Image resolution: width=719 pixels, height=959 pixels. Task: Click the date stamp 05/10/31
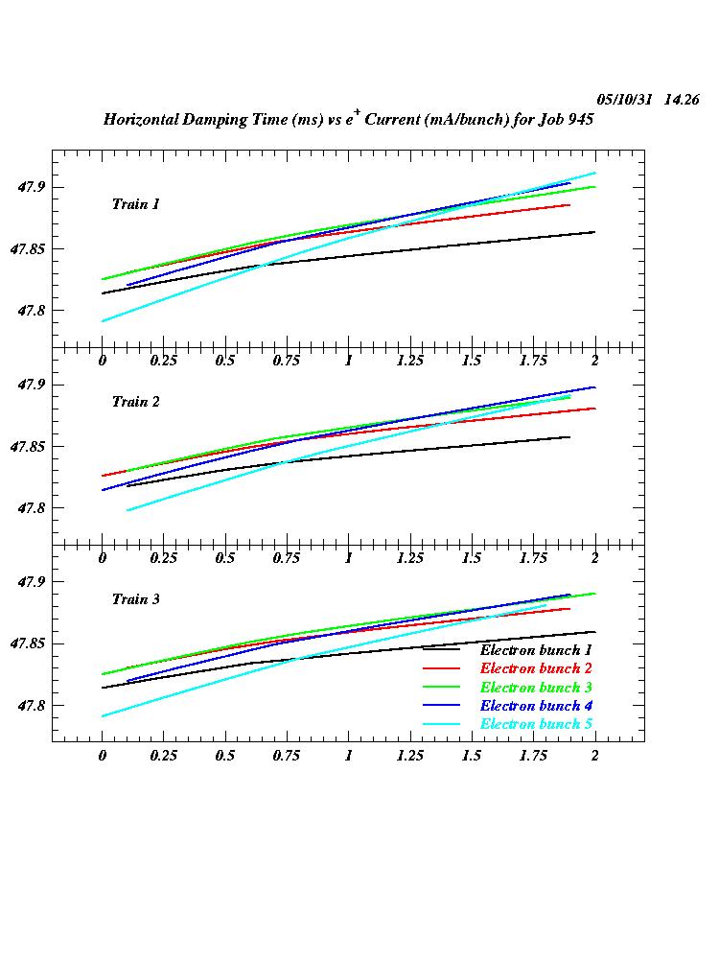625,100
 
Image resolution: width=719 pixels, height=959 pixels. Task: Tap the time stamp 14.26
682,100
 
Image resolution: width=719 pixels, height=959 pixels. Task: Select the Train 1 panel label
135,204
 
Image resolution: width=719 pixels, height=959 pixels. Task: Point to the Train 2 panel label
135,402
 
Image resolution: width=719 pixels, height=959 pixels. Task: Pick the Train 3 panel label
135,599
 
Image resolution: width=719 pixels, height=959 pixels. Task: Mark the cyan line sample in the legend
442,724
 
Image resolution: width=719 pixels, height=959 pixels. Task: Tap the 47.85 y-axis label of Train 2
29,447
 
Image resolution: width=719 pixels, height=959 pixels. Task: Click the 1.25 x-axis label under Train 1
409,361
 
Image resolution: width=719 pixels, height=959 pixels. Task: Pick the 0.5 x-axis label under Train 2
225,558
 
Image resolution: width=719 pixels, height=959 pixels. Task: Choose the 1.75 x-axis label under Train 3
532,756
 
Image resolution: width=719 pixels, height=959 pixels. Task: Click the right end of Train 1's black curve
594,232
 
